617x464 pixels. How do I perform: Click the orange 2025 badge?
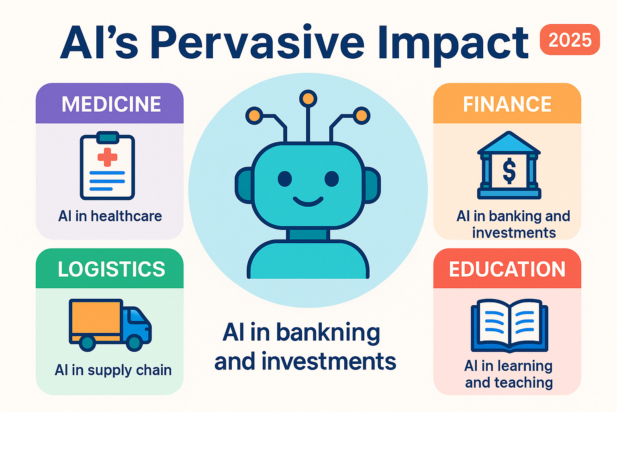tap(570, 40)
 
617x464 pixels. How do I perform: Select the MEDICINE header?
tap(111, 104)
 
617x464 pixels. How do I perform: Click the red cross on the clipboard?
tap(107, 157)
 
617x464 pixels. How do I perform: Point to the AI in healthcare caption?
tap(110, 216)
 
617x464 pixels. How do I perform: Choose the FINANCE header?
tap(507, 104)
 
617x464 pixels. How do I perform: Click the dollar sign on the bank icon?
tap(509, 171)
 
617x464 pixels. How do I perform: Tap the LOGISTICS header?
tap(111, 269)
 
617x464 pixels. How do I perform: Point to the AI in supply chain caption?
tap(113, 370)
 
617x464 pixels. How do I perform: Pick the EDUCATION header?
tap(507, 269)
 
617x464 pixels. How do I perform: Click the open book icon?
tap(509, 325)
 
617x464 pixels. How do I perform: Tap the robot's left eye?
tap(285, 179)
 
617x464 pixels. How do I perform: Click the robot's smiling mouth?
tap(308, 201)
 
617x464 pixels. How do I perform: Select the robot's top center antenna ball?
tap(308, 98)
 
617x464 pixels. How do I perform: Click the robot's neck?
tap(308, 234)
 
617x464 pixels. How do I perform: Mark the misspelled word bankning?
tap(328, 333)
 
